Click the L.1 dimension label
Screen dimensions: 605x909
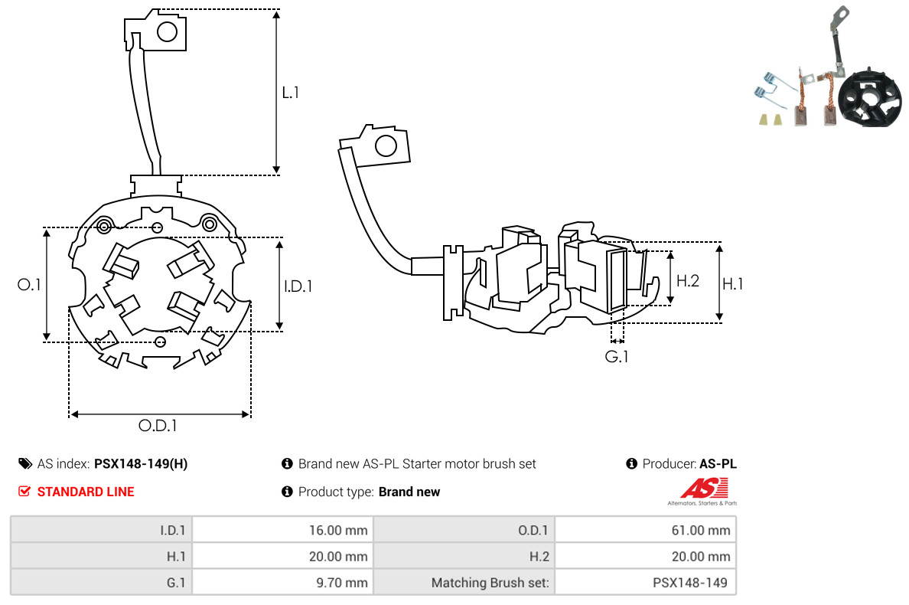[x=290, y=93]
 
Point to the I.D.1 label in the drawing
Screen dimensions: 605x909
[x=298, y=286]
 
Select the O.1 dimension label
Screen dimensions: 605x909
[x=29, y=284]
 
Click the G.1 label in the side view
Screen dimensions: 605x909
[x=616, y=356]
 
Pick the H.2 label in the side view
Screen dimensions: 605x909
[x=688, y=280]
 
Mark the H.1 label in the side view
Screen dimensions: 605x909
[x=732, y=283]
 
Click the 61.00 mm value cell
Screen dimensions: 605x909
[x=644, y=530]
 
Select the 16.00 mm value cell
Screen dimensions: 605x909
[x=282, y=530]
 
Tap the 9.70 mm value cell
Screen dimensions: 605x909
[x=282, y=582]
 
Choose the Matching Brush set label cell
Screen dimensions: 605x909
[x=464, y=582]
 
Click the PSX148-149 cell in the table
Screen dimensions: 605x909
[x=644, y=582]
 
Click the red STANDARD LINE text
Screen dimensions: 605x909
[x=85, y=492]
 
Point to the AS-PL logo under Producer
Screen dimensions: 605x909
[x=703, y=490]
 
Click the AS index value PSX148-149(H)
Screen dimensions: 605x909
[x=140, y=464]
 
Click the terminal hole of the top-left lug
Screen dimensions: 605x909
[x=167, y=31]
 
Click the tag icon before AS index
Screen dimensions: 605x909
[x=24, y=464]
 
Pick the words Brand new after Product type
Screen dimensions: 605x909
[x=409, y=492]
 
